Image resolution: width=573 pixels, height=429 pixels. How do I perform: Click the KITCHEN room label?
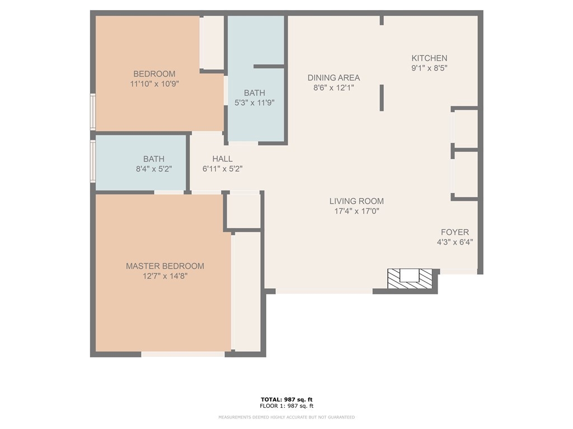tap(429, 58)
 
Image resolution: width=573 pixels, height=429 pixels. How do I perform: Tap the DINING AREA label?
tap(334, 78)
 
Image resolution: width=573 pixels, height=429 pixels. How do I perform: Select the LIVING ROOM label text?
tap(356, 201)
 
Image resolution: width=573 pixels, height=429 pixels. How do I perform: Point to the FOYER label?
tap(454, 232)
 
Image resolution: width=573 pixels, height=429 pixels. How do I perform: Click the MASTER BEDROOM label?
tap(165, 266)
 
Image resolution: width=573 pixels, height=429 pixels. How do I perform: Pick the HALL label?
tap(222, 159)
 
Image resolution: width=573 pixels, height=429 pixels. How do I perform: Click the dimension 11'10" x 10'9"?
tap(154, 84)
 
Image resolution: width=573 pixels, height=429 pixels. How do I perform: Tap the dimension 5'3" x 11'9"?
tap(255, 103)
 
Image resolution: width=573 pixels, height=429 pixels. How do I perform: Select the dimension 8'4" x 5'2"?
tap(154, 169)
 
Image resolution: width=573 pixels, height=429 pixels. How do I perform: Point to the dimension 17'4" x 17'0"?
tap(356, 211)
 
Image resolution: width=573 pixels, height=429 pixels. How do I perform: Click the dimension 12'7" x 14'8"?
tap(165, 276)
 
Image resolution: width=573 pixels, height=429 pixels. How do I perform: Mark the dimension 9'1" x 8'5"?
tap(429, 68)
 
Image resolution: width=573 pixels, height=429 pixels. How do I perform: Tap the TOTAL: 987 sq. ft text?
tap(286, 399)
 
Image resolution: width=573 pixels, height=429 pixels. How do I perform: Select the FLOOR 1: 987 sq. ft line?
tap(286, 406)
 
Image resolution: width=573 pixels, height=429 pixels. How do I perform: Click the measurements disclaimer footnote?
tap(286, 417)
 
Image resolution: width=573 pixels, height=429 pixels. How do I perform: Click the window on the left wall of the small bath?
tap(93, 161)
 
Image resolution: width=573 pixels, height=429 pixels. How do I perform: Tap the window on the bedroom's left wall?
tap(93, 112)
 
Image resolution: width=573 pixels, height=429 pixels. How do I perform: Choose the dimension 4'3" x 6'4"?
tap(454, 242)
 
